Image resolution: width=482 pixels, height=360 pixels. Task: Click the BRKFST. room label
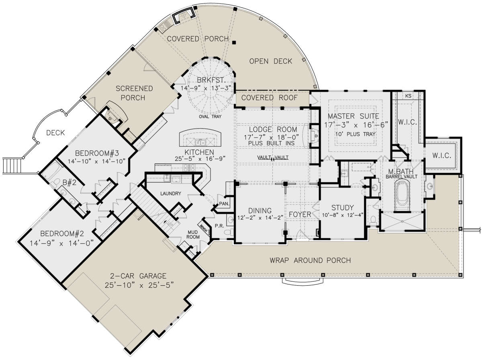click(x=211, y=80)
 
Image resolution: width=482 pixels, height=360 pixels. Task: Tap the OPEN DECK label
click(x=271, y=61)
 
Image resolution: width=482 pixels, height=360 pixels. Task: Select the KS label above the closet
click(x=408, y=96)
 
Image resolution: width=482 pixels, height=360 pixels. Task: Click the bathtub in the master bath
click(x=402, y=195)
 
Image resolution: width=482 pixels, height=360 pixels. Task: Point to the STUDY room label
click(x=342, y=208)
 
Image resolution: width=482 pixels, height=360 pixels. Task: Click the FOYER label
click(x=300, y=215)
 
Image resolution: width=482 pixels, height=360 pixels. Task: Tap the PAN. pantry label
click(x=224, y=204)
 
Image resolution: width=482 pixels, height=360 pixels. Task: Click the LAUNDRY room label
click(x=171, y=194)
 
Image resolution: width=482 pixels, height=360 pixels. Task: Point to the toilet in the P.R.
click(x=229, y=232)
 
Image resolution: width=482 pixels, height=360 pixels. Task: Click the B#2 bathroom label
click(x=69, y=182)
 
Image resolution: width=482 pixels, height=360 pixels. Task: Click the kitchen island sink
click(x=201, y=142)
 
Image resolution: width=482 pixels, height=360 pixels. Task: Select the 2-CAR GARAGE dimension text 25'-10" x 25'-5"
click(x=139, y=285)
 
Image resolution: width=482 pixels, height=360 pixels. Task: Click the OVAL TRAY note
click(x=210, y=117)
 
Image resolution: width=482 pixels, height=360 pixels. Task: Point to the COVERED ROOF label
click(x=270, y=98)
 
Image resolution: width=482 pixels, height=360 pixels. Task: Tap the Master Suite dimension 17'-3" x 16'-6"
click(x=356, y=125)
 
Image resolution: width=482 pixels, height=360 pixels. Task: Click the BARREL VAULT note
click(x=401, y=176)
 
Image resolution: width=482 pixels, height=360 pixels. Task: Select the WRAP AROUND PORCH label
click(x=310, y=260)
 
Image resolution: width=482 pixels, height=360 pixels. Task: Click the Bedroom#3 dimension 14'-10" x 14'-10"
click(x=96, y=161)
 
